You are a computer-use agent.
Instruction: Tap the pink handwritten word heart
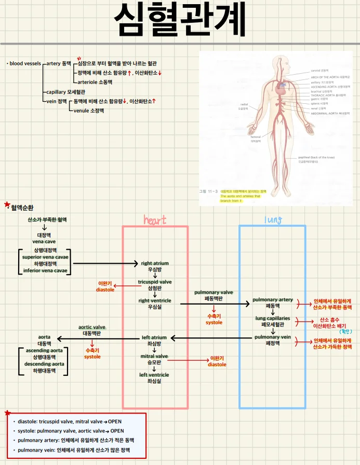pyautogui.click(x=155, y=220)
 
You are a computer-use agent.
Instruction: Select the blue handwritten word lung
pyautogui.click(x=273, y=220)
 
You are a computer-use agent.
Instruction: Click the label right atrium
pyautogui.click(x=155, y=263)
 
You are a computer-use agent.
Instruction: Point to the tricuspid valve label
pyautogui.click(x=155, y=282)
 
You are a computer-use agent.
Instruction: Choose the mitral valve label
pyautogui.click(x=155, y=356)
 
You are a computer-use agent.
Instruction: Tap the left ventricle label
pyautogui.click(x=154, y=375)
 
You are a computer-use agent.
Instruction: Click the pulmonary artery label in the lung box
pyautogui.click(x=273, y=300)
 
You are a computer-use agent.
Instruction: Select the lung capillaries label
pyautogui.click(x=273, y=318)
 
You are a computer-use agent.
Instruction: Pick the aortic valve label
pyautogui.click(x=92, y=327)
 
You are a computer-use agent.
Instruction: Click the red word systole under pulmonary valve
pyautogui.click(x=214, y=322)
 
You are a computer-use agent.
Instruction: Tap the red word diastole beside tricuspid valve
pyautogui.click(x=105, y=290)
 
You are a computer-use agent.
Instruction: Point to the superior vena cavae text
pyautogui.click(x=45, y=257)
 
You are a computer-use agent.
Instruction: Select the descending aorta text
pyautogui.click(x=45, y=364)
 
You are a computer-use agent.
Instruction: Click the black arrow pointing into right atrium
pyautogui.click(x=104, y=264)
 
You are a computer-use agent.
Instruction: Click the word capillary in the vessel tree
pyautogui.click(x=56, y=92)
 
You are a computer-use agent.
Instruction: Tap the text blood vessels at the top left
pyautogui.click(x=25, y=63)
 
